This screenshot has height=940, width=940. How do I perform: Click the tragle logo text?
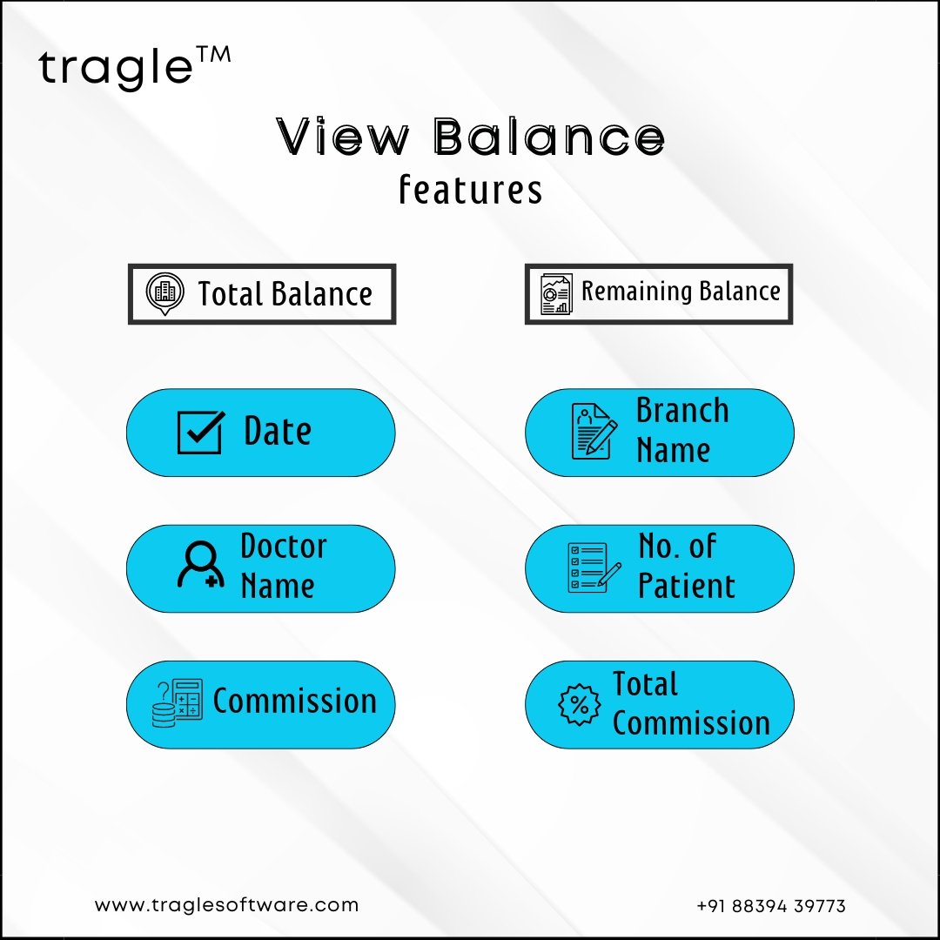tap(116, 68)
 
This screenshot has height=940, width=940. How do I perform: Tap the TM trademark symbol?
tap(213, 55)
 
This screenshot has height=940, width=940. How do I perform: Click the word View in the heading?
tap(343, 137)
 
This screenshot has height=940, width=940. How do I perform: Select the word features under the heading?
tap(471, 190)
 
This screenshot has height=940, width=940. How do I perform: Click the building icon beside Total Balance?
tap(164, 294)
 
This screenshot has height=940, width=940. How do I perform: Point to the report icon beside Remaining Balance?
tap(556, 294)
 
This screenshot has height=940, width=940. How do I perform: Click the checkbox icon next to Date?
tap(201, 433)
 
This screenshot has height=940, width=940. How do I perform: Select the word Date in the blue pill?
tap(278, 431)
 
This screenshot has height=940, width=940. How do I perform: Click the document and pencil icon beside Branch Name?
tap(594, 432)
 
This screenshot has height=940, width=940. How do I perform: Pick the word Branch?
tap(682, 411)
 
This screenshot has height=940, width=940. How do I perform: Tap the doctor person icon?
tap(201, 565)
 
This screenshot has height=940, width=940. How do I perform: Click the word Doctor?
tap(284, 546)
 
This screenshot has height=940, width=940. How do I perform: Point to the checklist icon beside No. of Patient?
tap(594, 567)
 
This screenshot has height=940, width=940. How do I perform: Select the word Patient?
tap(687, 586)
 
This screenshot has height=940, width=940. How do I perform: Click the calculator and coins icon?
tap(178, 703)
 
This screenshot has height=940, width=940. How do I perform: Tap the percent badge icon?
tap(579, 704)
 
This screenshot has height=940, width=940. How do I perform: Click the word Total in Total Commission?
tap(645, 684)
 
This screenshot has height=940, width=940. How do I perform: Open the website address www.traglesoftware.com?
tap(226, 905)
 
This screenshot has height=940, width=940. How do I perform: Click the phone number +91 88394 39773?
tap(771, 906)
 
